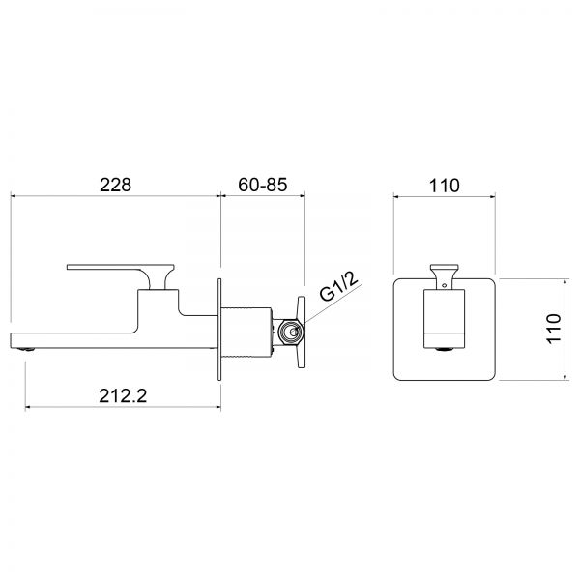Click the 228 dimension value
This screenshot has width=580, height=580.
pyautogui.click(x=115, y=185)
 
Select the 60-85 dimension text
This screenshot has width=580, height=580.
pyautogui.click(x=263, y=185)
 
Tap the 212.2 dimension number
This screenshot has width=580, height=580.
pyautogui.click(x=123, y=395)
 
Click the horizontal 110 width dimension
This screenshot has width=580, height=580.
pyautogui.click(x=445, y=186)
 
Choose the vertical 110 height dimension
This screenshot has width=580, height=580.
pyautogui.click(x=554, y=329)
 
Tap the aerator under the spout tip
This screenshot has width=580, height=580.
pyautogui.click(x=27, y=349)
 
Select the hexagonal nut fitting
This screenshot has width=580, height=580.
pyautogui.click(x=290, y=332)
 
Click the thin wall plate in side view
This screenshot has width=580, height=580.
pyautogui.click(x=219, y=330)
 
